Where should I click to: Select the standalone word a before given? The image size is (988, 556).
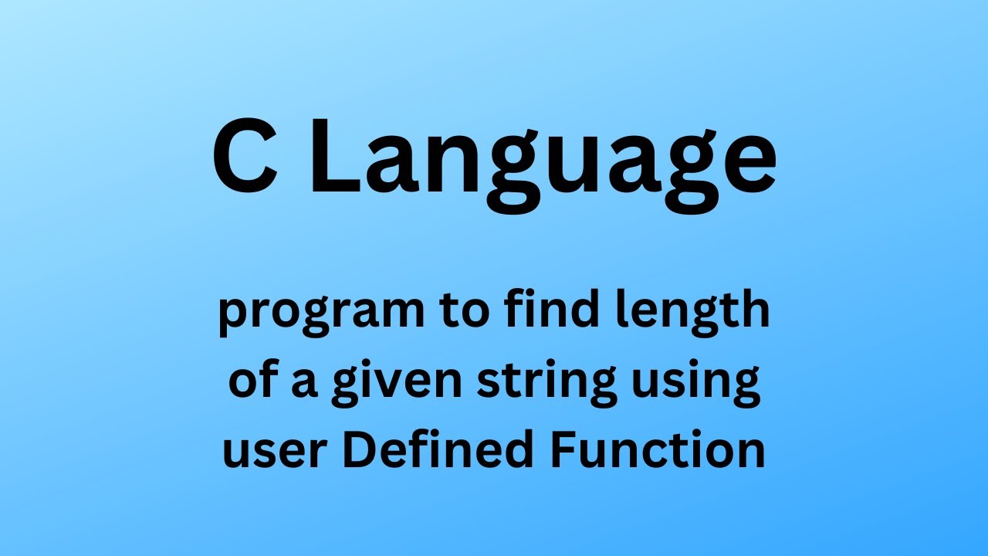click(x=304, y=385)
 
